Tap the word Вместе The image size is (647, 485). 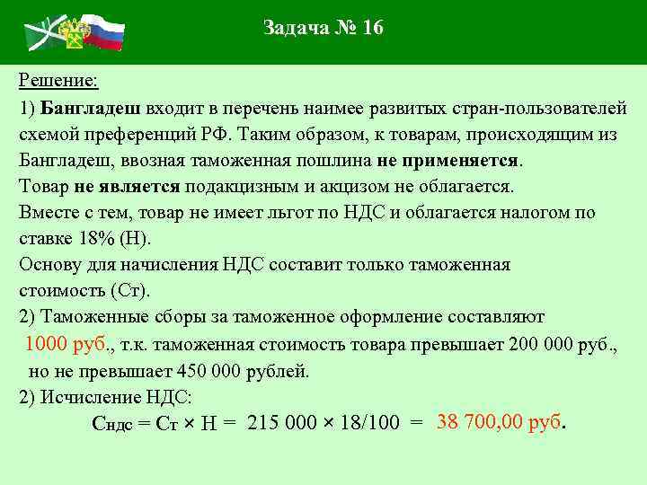[48, 214]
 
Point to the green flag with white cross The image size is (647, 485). [41, 34]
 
